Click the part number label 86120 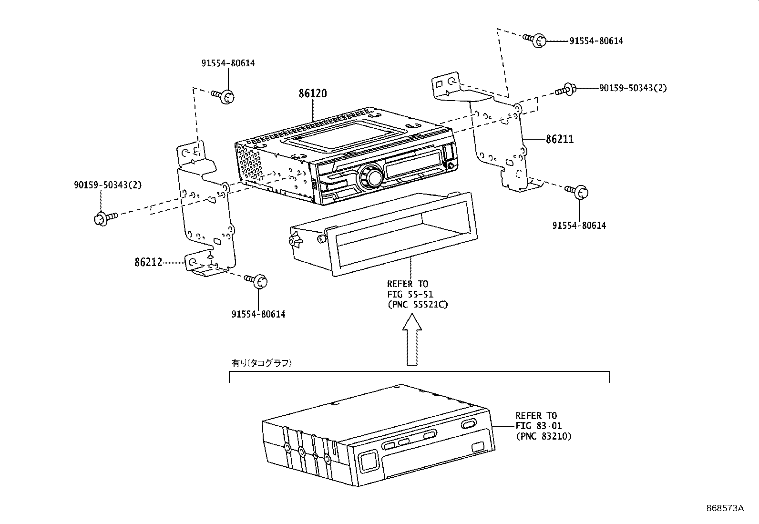[x=313, y=93]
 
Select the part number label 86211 [x=560, y=139]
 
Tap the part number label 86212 [x=148, y=262]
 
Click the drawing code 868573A [x=725, y=508]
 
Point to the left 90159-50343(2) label [x=108, y=185]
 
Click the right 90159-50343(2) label [x=633, y=88]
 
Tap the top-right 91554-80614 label [x=596, y=41]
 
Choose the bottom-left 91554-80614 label [x=258, y=314]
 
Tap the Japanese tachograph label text [x=262, y=363]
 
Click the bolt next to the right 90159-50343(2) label [x=565, y=89]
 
